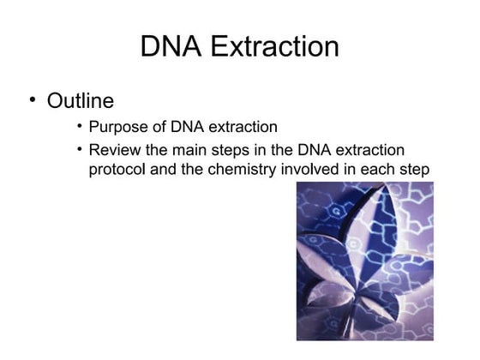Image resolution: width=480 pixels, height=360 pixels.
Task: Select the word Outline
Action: (x=80, y=101)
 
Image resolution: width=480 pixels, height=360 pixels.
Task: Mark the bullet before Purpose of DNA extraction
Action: (x=79, y=127)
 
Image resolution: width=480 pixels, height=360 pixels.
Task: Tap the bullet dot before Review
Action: (x=79, y=149)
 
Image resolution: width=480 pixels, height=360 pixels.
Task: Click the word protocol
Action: (x=119, y=169)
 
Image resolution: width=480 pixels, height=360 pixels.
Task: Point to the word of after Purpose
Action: (x=161, y=128)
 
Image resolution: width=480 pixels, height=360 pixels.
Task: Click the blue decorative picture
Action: (x=364, y=261)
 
